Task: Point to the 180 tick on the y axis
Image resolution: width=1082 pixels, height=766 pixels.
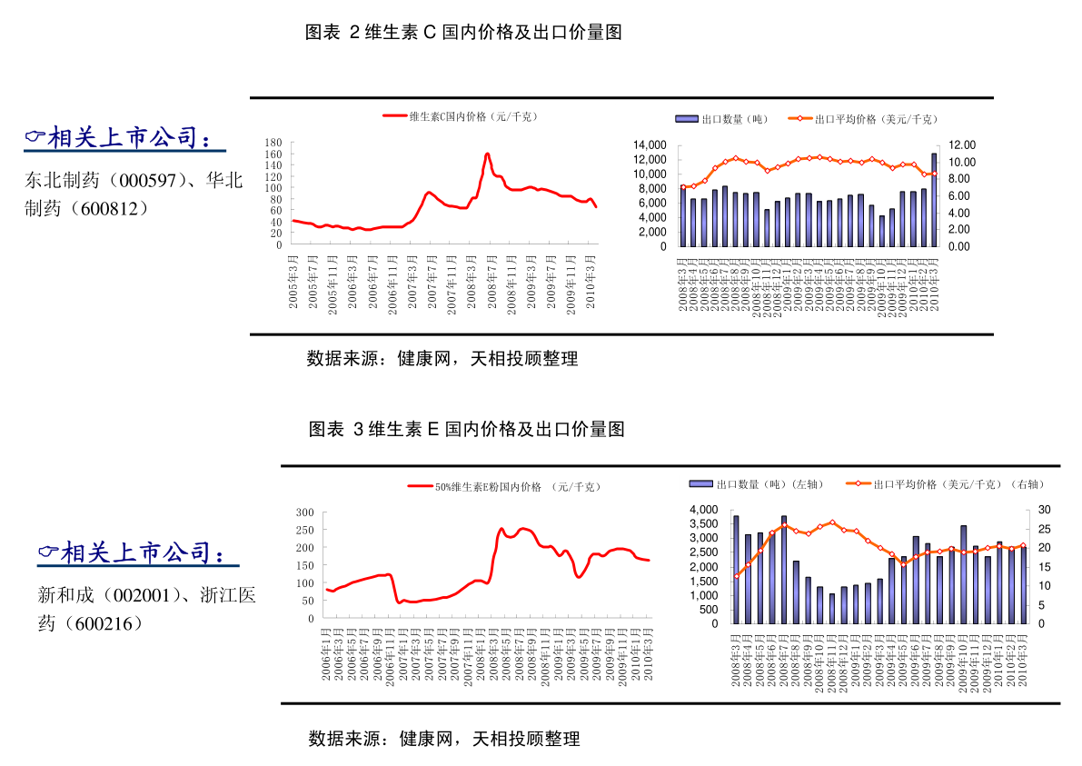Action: point(273,144)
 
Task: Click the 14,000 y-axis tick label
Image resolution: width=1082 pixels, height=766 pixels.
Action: point(650,145)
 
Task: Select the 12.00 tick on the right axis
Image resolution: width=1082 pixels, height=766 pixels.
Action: point(961,145)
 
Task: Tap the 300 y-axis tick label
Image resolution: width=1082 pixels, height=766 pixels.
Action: point(304,512)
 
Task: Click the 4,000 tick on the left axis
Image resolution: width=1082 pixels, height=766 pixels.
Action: point(703,510)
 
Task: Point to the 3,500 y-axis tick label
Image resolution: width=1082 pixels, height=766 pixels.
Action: point(703,524)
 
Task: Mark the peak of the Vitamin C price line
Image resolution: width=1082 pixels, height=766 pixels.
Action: point(487,154)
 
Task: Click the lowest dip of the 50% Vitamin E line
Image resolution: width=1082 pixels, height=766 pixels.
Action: point(399,602)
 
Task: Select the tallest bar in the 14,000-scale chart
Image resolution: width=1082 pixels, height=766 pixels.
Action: point(933,200)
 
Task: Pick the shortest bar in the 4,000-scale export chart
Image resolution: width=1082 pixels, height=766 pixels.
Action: point(831,608)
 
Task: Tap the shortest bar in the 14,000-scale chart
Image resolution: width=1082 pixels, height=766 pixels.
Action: point(881,231)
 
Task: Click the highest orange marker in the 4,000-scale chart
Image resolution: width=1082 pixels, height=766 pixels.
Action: point(831,522)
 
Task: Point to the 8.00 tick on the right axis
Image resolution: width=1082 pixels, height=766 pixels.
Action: point(961,179)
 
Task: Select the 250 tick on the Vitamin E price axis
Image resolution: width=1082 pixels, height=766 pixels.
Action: point(304,531)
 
